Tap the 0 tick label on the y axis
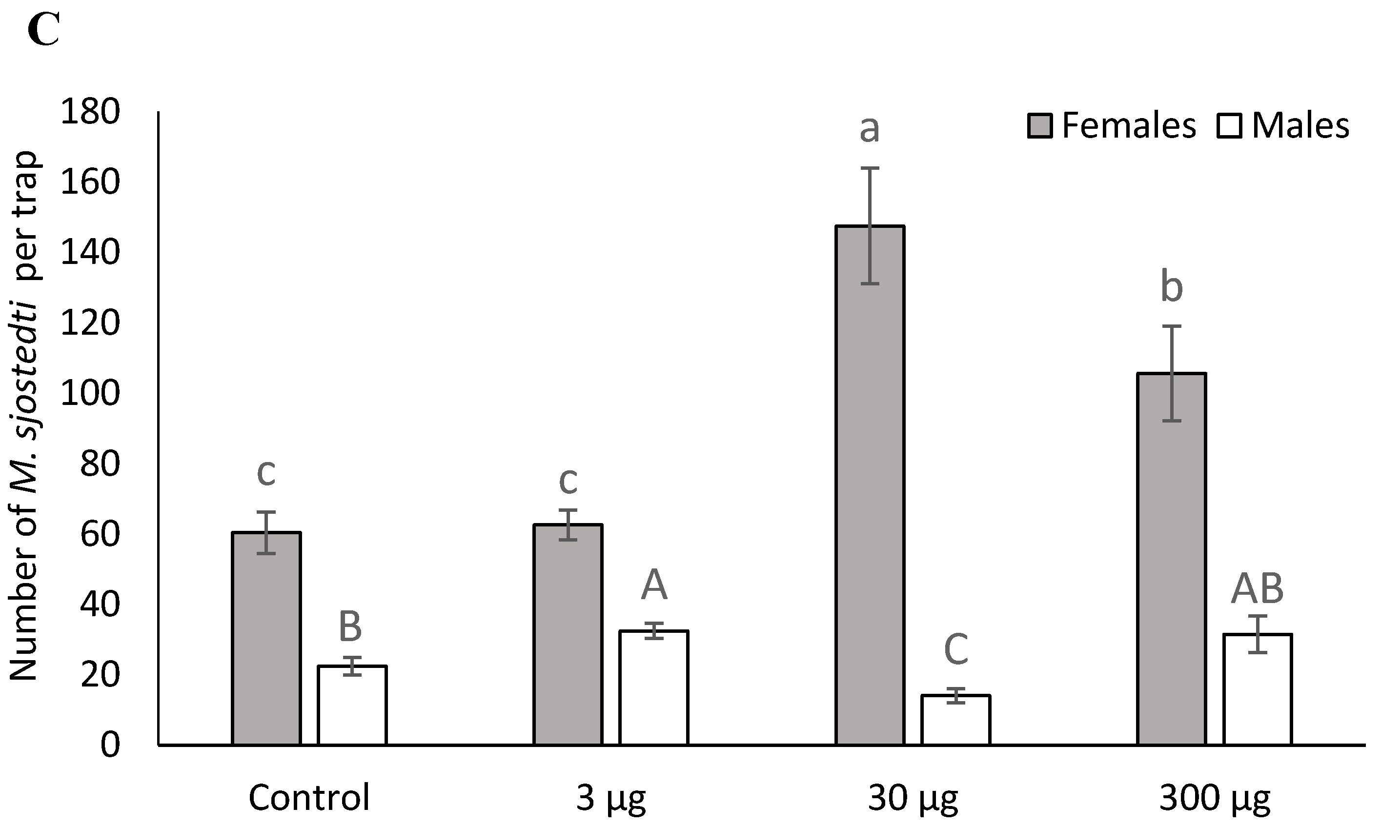[x=110, y=745]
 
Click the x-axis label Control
[x=309, y=797]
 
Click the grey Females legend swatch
[x=1040, y=126]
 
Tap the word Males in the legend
[x=1300, y=125]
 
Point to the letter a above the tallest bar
[x=870, y=129]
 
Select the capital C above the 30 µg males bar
[x=956, y=650]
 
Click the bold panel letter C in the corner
[x=43, y=31]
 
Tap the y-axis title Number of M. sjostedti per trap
[x=23, y=415]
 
